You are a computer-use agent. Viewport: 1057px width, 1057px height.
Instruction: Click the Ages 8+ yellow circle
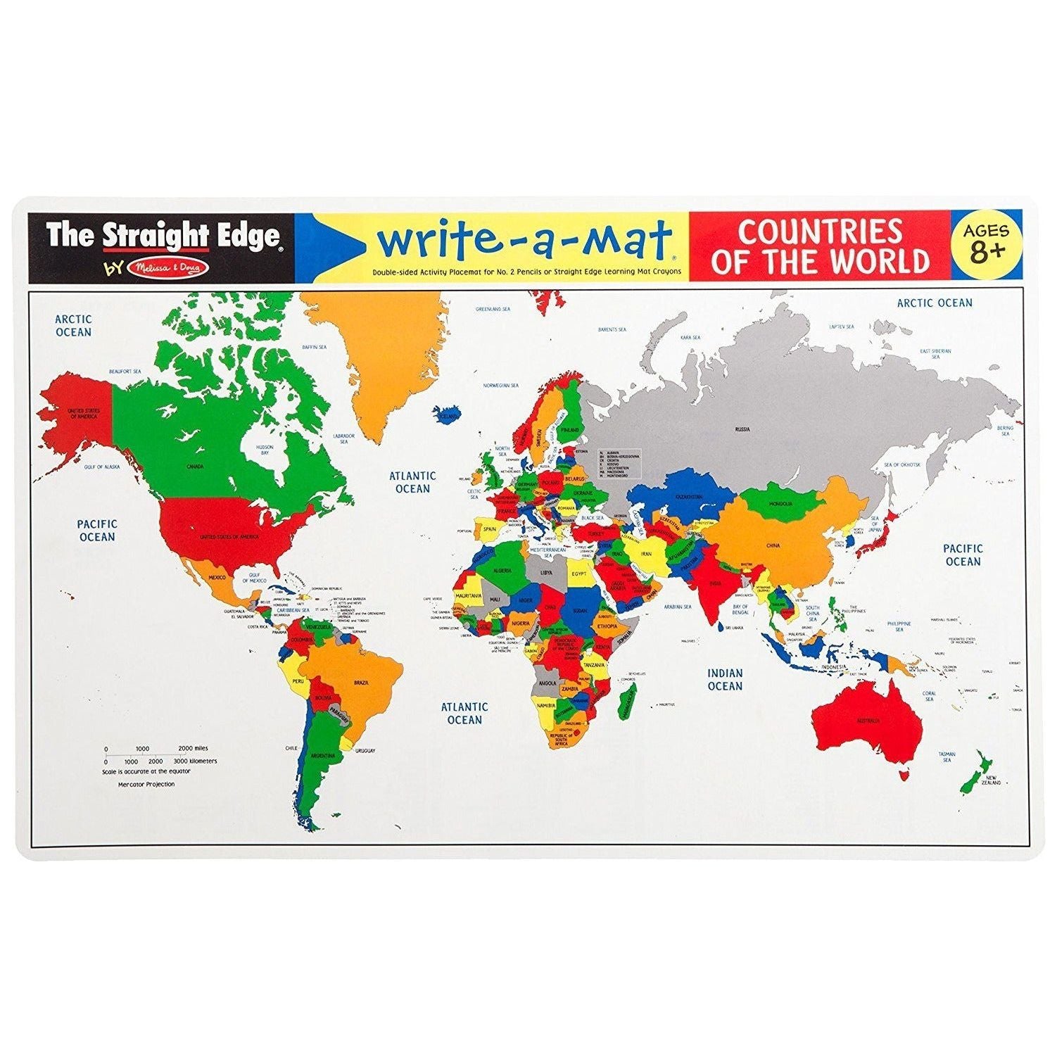986,243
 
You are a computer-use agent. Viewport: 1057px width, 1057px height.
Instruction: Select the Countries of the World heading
820,246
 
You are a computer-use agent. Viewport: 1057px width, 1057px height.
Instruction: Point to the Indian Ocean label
725,680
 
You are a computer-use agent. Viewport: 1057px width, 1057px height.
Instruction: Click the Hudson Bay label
265,450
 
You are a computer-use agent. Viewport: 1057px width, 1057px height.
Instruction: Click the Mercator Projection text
146,784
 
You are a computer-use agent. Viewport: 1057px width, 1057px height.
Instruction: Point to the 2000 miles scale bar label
193,749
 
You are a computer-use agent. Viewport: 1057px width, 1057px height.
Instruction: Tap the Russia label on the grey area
742,429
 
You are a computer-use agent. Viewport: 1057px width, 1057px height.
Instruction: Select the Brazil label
362,683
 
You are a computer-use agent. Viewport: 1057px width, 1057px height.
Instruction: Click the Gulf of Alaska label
102,467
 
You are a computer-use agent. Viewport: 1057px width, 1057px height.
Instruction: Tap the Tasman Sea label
947,757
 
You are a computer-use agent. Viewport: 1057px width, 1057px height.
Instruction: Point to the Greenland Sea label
493,309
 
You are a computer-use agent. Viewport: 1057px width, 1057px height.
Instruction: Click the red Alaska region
77,415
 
